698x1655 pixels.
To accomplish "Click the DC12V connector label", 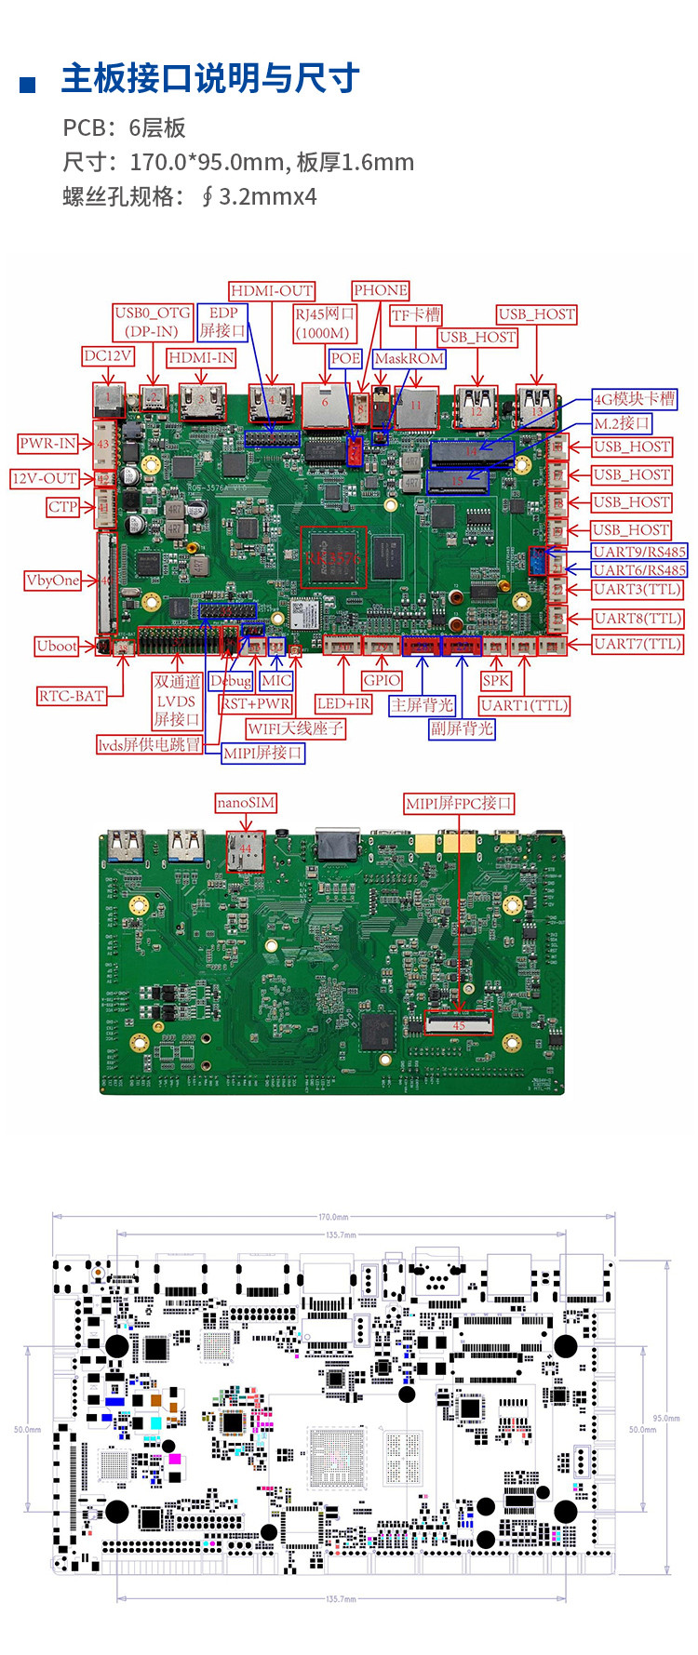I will pos(108,355).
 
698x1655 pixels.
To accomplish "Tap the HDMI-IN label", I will pos(201,357).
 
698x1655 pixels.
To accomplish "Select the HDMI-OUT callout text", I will pos(272,291).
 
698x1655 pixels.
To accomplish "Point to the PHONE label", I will pos(380,290).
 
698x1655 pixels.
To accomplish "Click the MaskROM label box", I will pos(409,358).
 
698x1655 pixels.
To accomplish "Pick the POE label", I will pos(345,358).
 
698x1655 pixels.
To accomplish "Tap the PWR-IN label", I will pos(48,444).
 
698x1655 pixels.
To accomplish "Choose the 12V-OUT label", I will pos(45,478).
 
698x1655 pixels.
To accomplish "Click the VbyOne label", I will pos(53,581).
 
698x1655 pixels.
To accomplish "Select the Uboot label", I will pos(57,646).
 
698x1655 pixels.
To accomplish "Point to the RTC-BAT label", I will pos(71,695).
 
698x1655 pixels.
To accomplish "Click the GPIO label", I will pos(382,680).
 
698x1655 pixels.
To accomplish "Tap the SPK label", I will pos(496,680).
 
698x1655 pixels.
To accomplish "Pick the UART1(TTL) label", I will pos(524,705).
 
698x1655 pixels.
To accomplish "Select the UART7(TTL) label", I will pos(638,644).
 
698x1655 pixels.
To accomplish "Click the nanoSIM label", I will pos(246,802).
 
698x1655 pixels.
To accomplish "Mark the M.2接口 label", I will pos(622,423).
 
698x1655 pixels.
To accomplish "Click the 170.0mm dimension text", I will pos(333,1217).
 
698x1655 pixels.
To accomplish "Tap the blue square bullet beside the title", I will pos(28,86).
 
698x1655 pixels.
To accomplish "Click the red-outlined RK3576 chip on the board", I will pos(333,557).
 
